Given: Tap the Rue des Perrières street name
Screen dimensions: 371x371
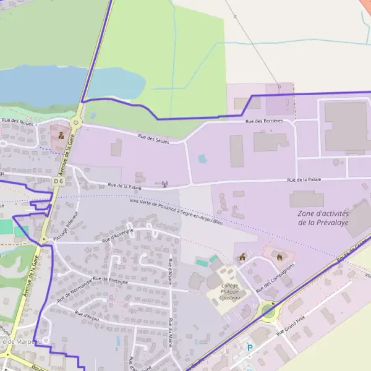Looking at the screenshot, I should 264,121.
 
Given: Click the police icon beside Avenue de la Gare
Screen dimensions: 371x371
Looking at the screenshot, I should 61,134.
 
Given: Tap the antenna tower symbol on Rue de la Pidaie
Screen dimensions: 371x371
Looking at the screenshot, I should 164,183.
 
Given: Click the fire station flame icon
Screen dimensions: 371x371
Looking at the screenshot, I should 279,254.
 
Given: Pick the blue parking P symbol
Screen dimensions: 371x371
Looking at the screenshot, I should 250,348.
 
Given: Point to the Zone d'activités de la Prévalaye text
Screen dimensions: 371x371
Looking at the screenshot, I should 323,218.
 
